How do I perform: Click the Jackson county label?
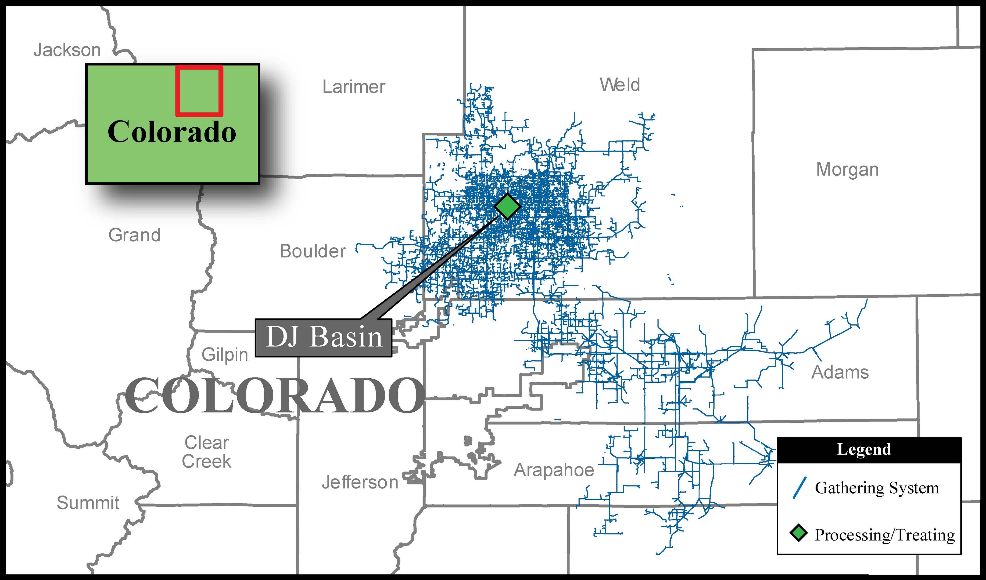pos(67,50)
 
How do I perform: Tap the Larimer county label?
pos(353,87)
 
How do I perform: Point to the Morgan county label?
pos(847,170)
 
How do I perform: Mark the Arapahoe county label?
pos(554,470)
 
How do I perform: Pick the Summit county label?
pos(88,503)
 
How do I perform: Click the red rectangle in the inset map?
pos(199,91)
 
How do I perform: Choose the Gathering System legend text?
pos(877,488)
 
